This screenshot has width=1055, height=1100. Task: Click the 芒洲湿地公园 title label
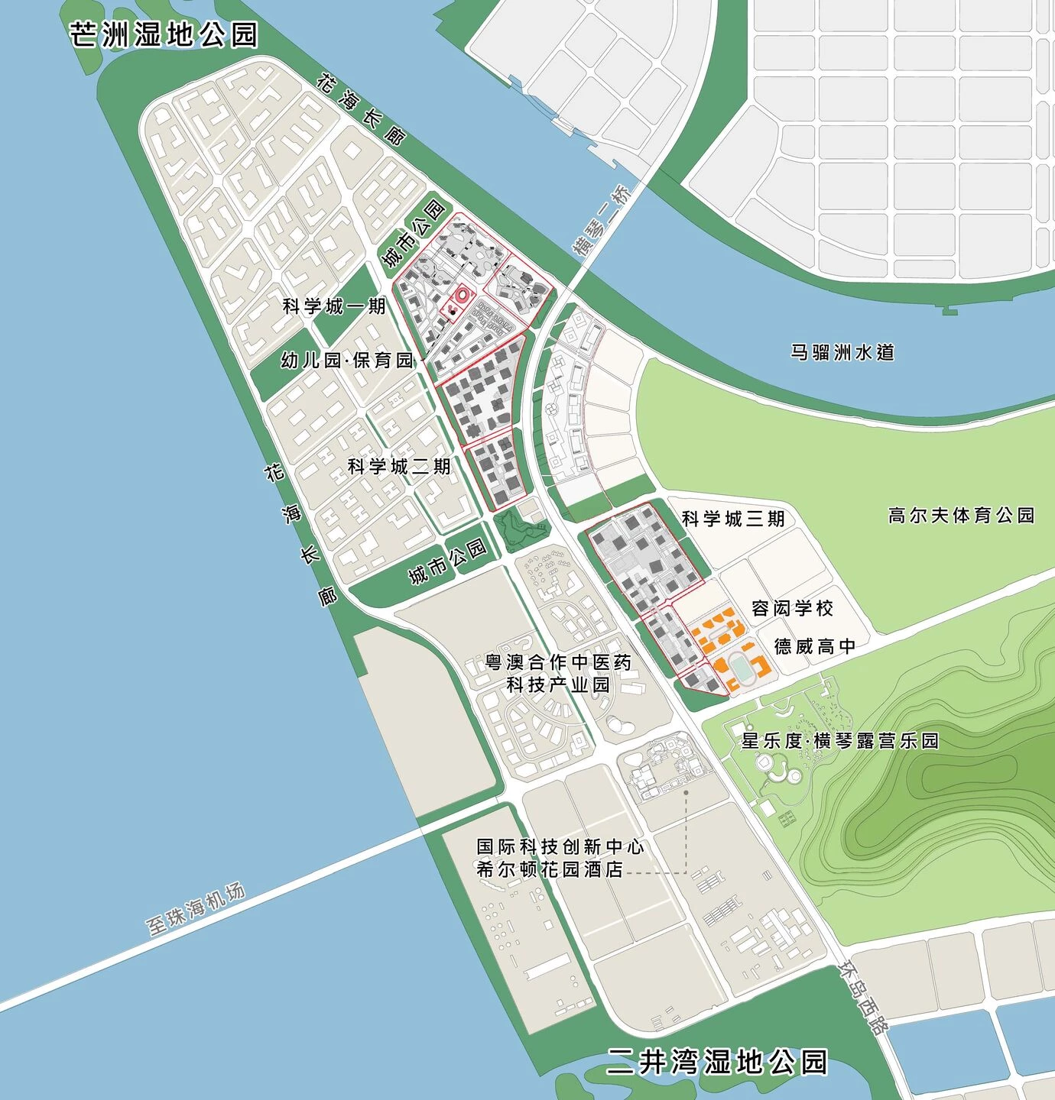click(164, 34)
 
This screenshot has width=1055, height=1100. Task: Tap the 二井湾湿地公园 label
click(717, 1061)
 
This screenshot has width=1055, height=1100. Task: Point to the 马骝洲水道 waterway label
click(842, 352)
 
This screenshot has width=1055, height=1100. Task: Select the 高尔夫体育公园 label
click(961, 516)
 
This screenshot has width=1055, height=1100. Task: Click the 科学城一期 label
click(334, 306)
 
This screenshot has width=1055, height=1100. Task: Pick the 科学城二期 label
click(399, 466)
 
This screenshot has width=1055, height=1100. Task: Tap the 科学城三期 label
click(733, 519)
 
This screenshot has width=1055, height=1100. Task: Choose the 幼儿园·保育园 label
click(347, 360)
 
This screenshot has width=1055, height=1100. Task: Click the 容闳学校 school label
click(792, 608)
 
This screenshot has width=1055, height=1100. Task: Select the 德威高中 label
click(815, 646)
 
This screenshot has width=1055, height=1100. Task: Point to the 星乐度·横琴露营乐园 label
click(839, 740)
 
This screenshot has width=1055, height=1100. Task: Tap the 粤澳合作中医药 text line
click(559, 662)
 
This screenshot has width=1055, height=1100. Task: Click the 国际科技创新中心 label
click(560, 846)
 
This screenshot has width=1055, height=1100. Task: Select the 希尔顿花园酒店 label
click(550, 869)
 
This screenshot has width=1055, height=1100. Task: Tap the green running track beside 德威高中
click(742, 667)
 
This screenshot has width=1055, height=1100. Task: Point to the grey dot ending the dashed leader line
click(686, 793)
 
